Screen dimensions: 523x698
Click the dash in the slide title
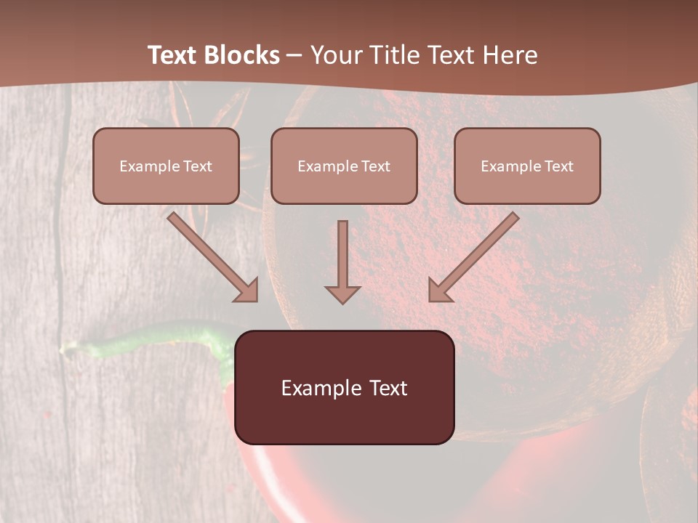(x=294, y=56)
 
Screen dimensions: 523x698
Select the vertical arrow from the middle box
(x=342, y=254)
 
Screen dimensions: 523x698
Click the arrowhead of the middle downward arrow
(x=342, y=294)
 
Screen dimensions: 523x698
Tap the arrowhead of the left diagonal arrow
(x=247, y=291)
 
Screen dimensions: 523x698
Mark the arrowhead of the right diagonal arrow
(x=439, y=291)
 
